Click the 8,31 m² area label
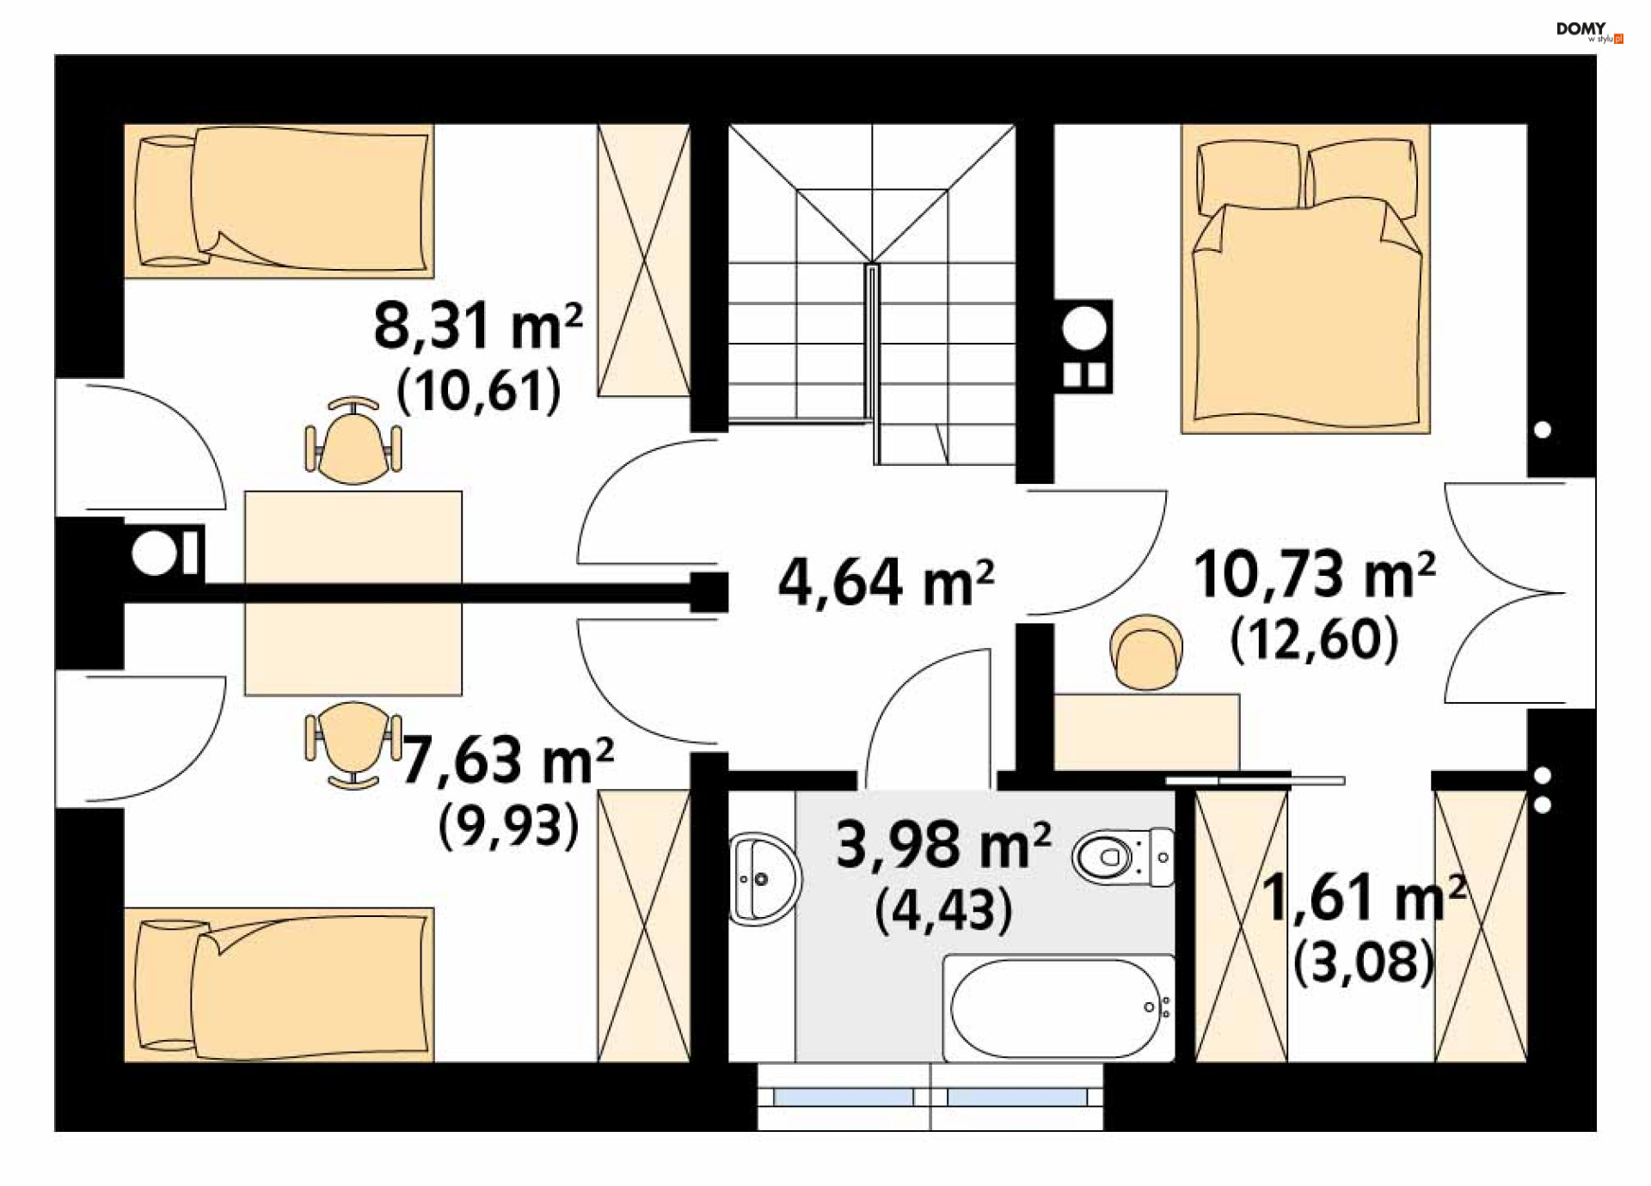click(x=478, y=326)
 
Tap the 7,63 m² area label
click(x=507, y=761)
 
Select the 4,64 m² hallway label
click(x=887, y=582)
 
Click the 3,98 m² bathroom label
click(x=943, y=845)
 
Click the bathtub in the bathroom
click(x=1059, y=1007)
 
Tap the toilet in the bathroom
click(x=1124, y=857)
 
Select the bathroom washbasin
click(x=764, y=878)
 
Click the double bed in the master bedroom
click(x=1305, y=278)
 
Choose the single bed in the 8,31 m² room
click(x=279, y=201)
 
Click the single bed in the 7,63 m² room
click(x=279, y=985)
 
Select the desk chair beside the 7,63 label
click(x=353, y=744)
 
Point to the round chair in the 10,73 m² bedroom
click(x=1145, y=652)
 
